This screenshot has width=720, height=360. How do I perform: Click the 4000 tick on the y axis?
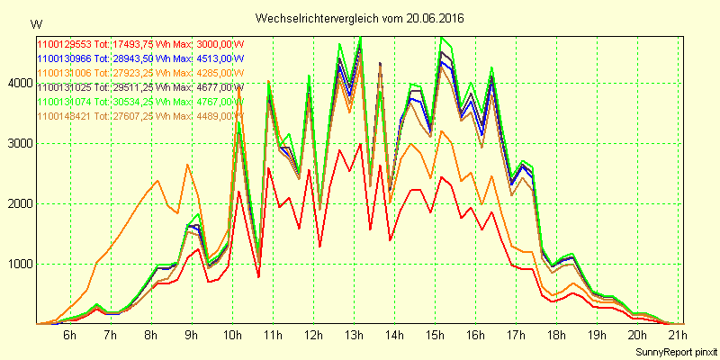pos(18,84)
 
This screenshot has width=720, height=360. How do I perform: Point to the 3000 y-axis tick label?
pos(18,144)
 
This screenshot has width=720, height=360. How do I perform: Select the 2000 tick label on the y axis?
pos(18,204)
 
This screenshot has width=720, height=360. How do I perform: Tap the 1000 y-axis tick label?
pos(18,265)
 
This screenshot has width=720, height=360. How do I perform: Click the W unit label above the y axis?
pos(35,22)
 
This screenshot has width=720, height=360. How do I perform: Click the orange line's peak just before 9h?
pos(187,165)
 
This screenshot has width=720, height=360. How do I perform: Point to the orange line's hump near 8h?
pos(157,181)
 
